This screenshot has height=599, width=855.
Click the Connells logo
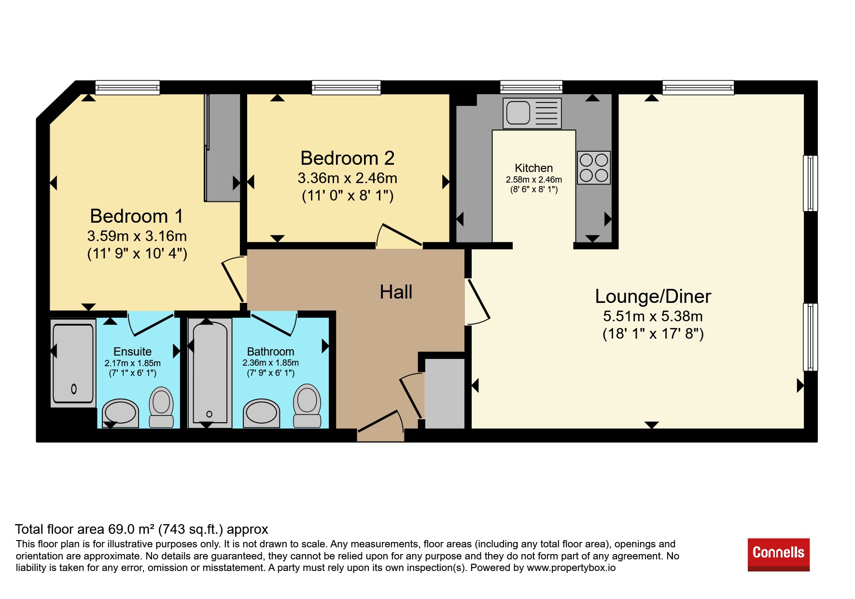click(778, 555)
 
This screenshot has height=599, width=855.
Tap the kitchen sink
click(532, 114)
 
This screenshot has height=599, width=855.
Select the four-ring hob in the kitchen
click(594, 168)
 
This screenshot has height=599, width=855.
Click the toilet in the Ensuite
click(161, 407)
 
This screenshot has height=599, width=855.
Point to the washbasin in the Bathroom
click(261, 413)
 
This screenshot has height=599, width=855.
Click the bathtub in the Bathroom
click(210, 372)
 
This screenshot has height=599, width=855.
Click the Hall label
click(396, 292)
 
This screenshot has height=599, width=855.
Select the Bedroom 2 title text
click(348, 158)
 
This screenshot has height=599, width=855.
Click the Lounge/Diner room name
click(653, 296)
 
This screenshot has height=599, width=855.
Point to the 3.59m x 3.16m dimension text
click(137, 236)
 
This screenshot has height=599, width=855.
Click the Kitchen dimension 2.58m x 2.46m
click(534, 180)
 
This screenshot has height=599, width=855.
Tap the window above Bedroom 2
click(346, 87)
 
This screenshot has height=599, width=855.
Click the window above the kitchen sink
click(531, 87)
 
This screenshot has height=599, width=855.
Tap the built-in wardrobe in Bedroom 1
click(223, 147)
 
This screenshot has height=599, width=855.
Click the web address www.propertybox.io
click(571, 568)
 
